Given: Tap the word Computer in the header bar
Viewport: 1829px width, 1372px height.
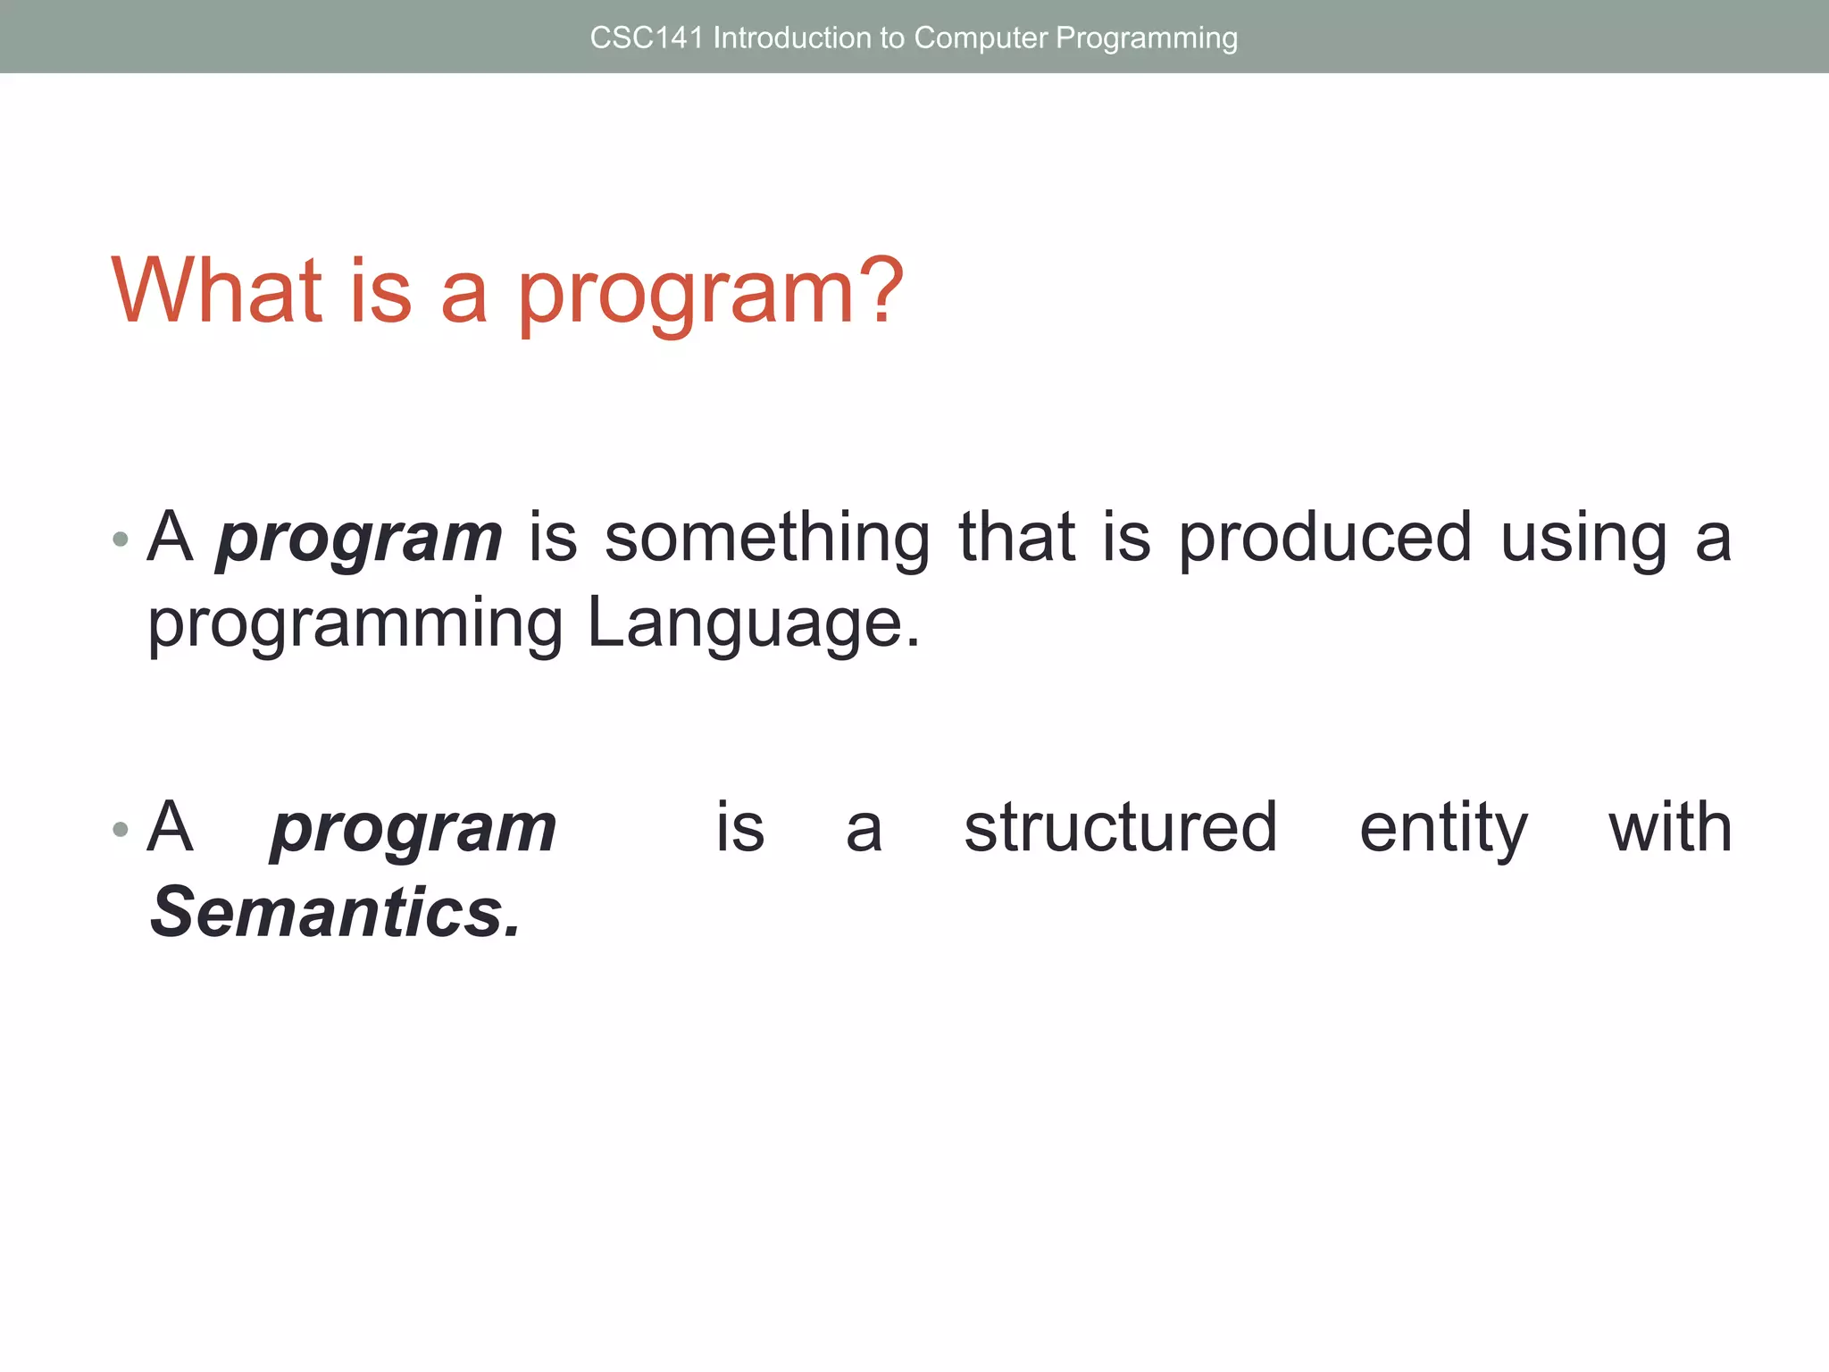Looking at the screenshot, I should pos(980,38).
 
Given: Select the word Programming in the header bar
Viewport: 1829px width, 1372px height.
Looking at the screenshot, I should pos(1147,38).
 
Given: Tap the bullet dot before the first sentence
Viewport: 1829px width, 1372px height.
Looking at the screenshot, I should pos(121,540).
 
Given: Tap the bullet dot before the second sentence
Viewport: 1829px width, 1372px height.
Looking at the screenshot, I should pos(121,830).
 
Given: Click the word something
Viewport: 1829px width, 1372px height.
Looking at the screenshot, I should pos(767,540).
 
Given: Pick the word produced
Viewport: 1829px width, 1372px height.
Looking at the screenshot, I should pos(1324,540).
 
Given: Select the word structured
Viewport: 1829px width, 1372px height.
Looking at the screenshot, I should pos(1121,828).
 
